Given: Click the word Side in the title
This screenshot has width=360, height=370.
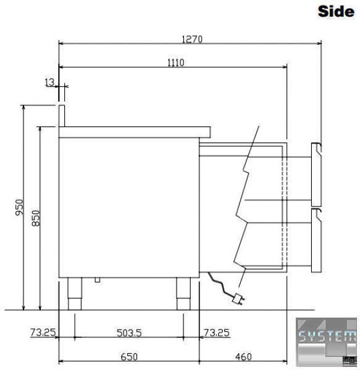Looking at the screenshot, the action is tap(336, 11).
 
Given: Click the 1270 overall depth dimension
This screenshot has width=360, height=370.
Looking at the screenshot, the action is tap(192, 39).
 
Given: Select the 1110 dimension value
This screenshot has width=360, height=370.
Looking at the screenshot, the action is tap(176, 63).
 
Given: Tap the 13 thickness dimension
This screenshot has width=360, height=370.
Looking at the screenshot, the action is tap(49, 83).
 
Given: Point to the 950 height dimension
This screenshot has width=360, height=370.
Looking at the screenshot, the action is tap(20, 207).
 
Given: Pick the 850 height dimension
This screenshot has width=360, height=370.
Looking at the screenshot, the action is tap(36, 218).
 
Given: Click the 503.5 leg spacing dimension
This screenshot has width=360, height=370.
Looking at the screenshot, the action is tap(129, 333).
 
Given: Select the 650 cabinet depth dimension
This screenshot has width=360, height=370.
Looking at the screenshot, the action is tap(129, 357).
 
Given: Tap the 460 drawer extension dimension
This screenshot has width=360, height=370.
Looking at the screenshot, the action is tap(243, 357).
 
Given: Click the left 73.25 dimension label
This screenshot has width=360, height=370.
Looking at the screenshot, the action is tap(43, 333).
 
